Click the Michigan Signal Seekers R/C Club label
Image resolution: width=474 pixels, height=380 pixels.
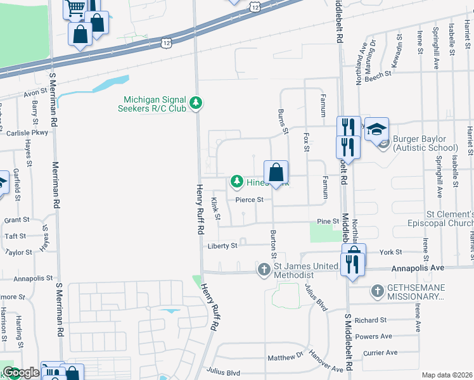155,104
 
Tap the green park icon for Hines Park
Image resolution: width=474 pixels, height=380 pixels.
237,182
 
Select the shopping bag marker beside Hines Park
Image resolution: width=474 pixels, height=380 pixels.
276,172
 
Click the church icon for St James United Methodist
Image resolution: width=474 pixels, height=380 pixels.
264,270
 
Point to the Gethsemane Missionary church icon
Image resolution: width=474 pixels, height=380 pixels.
377,291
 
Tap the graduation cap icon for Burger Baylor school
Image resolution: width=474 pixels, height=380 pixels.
376,130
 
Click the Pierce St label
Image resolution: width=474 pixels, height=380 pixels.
249,199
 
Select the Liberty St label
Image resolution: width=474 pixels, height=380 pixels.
222,246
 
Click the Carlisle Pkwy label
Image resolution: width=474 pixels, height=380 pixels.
27,133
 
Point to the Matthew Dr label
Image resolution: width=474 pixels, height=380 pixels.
285,357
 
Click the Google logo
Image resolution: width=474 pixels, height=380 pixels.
21,372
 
